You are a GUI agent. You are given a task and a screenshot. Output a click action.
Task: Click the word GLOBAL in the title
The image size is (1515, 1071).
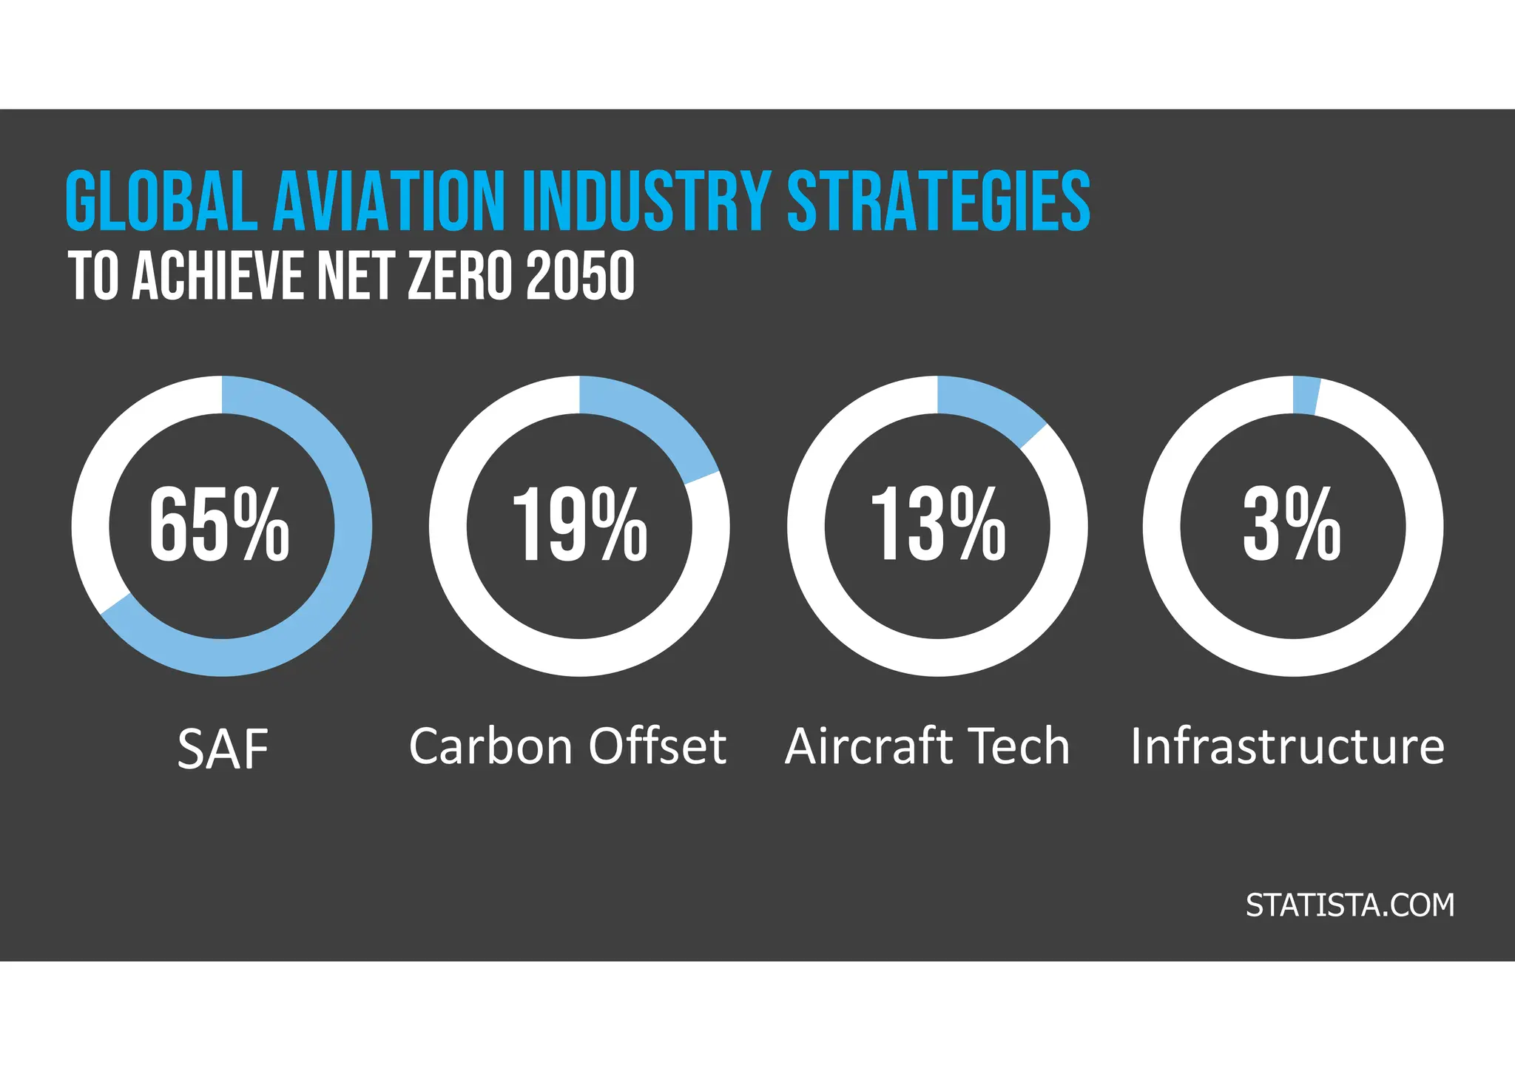click(x=161, y=201)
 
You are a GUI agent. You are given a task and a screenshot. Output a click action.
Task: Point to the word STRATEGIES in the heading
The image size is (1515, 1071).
click(x=938, y=201)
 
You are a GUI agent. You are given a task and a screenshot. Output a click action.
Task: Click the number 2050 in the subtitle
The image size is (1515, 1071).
click(x=580, y=275)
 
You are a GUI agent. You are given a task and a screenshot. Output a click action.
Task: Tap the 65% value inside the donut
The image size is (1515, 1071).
click(x=220, y=525)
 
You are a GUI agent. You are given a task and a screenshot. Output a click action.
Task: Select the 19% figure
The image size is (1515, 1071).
click(x=579, y=525)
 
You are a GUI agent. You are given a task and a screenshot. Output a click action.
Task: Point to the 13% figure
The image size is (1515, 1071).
click(x=937, y=525)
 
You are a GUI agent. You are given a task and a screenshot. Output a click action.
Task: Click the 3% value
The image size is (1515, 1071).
click(x=1292, y=525)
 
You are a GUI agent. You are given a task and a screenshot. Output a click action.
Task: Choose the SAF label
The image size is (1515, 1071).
click(x=223, y=749)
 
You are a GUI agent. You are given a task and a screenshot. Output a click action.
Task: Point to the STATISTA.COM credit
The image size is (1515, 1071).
click(x=1349, y=905)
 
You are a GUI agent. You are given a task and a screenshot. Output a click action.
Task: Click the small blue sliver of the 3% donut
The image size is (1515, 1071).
click(x=1306, y=396)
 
